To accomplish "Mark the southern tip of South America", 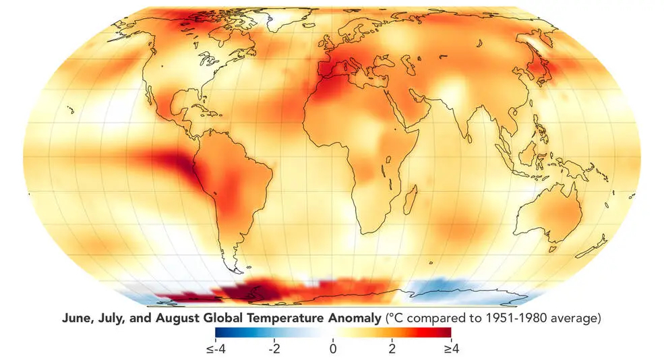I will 237,270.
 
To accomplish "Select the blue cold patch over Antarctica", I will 445,290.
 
